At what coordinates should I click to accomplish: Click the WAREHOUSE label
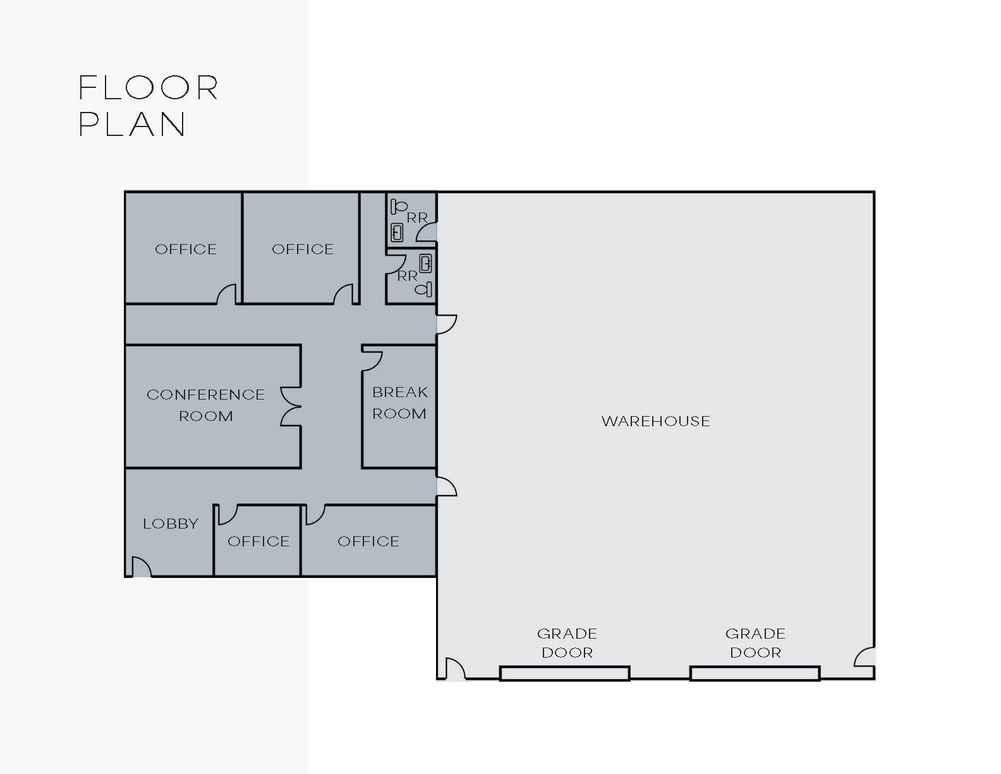tap(655, 421)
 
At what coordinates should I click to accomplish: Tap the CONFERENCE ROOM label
tap(205, 405)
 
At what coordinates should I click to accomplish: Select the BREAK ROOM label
tap(399, 403)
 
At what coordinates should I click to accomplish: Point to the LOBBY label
tap(171, 524)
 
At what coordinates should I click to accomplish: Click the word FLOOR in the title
tap(149, 88)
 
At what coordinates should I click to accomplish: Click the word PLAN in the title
tap(132, 124)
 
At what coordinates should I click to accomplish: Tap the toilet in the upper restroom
tap(399, 206)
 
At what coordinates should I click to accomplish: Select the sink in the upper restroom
tap(397, 232)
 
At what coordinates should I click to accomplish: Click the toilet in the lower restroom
tap(424, 290)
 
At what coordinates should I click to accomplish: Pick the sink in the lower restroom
tap(426, 263)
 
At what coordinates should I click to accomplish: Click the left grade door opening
tap(564, 673)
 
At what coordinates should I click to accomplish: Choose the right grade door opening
tap(755, 673)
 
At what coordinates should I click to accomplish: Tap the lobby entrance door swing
tap(140, 567)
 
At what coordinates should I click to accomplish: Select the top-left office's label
tap(186, 249)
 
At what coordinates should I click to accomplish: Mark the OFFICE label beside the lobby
tap(258, 541)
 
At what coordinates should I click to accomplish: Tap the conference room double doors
tap(290, 406)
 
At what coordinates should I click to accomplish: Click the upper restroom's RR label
tap(417, 218)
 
